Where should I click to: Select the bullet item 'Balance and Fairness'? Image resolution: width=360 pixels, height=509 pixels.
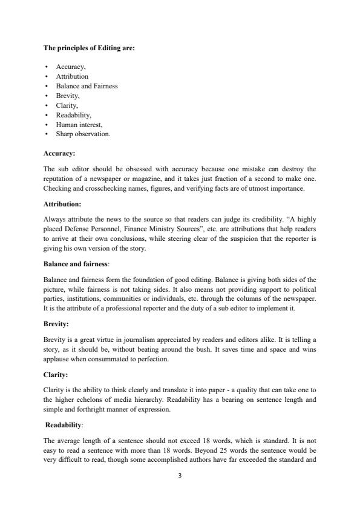[x=87, y=86]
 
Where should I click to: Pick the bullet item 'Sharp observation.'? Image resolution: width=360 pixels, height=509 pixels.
[x=83, y=134]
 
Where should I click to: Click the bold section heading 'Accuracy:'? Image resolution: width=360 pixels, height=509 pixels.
[x=59, y=154]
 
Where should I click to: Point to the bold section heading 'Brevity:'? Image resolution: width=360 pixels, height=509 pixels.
[x=56, y=324]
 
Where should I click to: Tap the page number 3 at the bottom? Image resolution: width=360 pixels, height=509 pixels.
[x=180, y=475]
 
